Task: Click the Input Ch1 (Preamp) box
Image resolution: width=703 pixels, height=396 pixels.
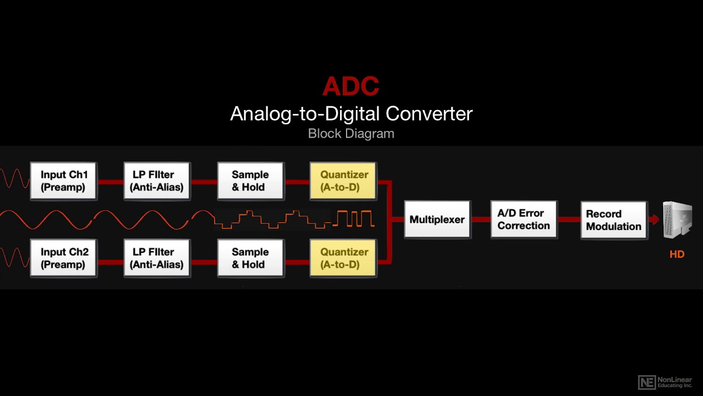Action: click(x=63, y=181)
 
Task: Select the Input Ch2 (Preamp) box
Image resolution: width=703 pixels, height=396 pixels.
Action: click(x=63, y=258)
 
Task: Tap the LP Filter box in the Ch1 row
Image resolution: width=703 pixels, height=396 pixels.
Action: click(x=157, y=181)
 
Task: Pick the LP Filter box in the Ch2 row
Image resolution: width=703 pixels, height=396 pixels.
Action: click(x=157, y=258)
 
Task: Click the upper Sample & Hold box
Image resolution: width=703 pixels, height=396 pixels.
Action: click(x=250, y=181)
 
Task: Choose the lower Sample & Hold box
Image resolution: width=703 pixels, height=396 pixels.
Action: click(x=250, y=258)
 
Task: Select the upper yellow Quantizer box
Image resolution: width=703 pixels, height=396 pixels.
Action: click(x=343, y=181)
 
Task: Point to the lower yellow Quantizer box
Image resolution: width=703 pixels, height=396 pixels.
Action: click(x=343, y=258)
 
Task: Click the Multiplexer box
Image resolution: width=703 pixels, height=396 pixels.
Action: click(x=437, y=219)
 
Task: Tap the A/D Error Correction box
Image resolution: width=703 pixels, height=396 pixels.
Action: click(x=523, y=219)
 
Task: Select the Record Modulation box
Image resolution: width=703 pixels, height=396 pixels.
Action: click(x=613, y=220)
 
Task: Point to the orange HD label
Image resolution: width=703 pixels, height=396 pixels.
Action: click(x=677, y=255)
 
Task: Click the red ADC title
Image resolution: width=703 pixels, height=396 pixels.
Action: click(x=351, y=86)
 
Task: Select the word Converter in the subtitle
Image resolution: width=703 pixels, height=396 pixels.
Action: click(x=429, y=114)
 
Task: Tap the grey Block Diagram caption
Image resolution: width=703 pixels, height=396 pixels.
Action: click(x=351, y=134)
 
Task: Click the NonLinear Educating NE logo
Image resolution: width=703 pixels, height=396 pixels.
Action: click(x=647, y=382)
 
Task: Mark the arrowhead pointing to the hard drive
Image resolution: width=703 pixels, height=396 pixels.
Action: click(x=655, y=219)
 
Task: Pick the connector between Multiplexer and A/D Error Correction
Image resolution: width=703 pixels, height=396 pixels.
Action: click(x=481, y=219)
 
